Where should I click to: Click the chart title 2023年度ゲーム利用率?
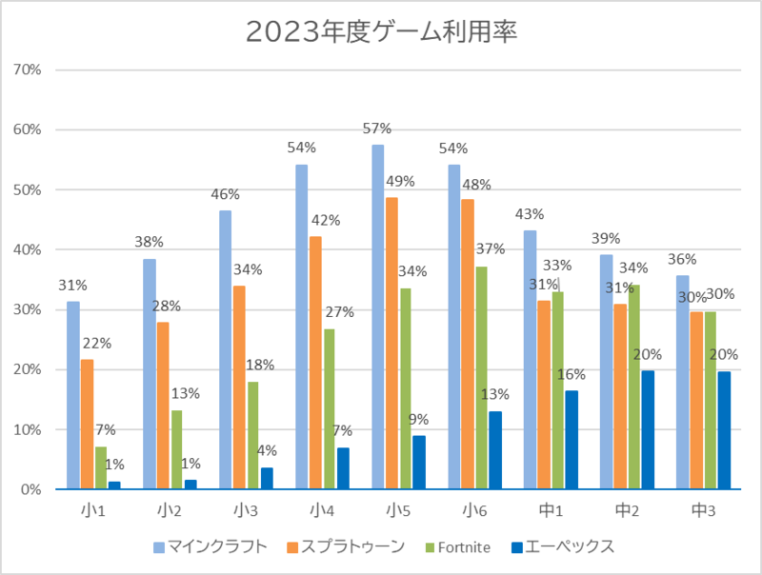(381, 31)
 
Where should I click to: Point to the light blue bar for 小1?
(73, 395)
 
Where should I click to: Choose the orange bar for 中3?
(696, 401)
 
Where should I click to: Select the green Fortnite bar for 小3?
(253, 436)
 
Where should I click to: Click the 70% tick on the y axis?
(29, 69)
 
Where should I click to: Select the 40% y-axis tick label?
(29, 249)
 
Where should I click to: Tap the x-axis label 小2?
(170, 510)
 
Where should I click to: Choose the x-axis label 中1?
(551, 510)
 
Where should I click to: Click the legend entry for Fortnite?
(463, 546)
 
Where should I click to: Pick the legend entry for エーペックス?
(563, 546)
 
